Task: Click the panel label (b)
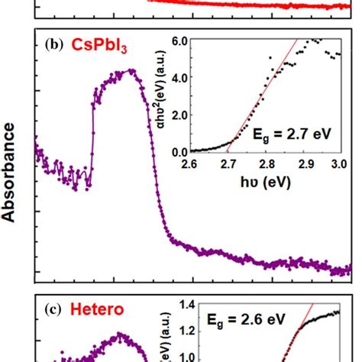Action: coord(54,45)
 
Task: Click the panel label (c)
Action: coord(54,309)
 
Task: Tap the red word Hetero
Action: coord(95,309)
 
